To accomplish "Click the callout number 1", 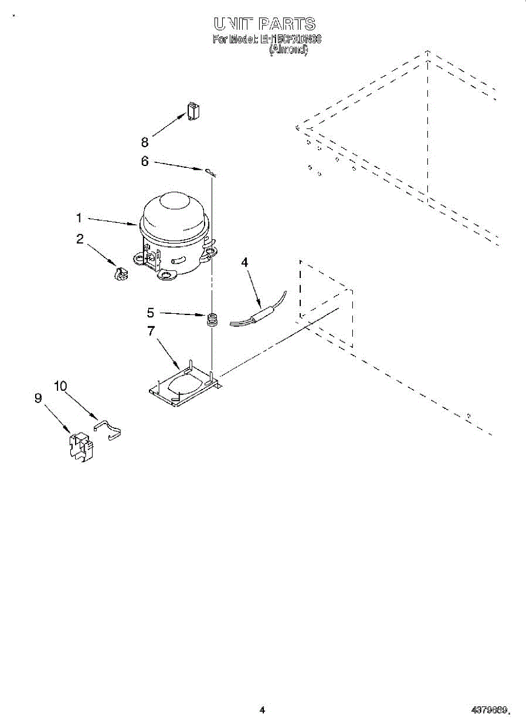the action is pos(80,217).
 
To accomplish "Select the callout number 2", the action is pos(80,239).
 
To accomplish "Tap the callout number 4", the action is pos(245,262).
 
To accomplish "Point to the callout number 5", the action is pos(151,313).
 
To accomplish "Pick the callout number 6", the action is pos(145,162).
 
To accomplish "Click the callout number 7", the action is pos(151,331).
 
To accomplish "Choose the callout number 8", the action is pos(145,142).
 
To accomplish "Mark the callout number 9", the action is pos(38,398).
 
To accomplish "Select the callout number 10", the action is pos(61,386).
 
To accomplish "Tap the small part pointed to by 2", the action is pos(122,274).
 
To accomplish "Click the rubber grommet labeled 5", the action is pos(212,319).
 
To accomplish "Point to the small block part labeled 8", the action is pos(192,112).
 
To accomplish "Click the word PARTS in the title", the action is pos(286,24).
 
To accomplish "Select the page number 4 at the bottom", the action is pos(262,709).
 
